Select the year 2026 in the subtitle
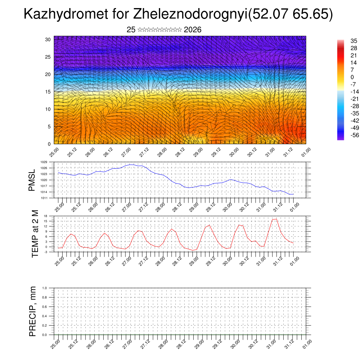point(192,30)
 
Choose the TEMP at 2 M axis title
point(35,233)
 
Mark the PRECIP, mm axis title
point(33,311)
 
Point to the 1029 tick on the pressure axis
point(44,162)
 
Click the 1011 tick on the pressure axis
point(44,198)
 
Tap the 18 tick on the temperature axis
point(45,216)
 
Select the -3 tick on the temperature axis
point(45,252)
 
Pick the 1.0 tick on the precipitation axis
point(45,288)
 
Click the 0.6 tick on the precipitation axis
point(45,307)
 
